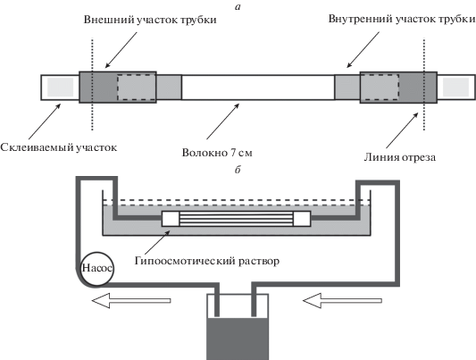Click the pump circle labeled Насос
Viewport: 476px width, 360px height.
pyautogui.click(x=97, y=268)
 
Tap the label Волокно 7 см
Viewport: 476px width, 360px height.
pyautogui.click(x=217, y=153)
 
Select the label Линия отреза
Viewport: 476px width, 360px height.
pyautogui.click(x=400, y=157)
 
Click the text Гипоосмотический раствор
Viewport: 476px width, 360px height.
pyautogui.click(x=207, y=261)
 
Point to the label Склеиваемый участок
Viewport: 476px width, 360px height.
pyautogui.click(x=58, y=147)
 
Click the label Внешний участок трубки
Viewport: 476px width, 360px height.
pyautogui.click(x=150, y=20)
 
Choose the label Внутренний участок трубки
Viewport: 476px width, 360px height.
pyautogui.click(x=402, y=19)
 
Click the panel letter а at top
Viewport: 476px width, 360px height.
pyautogui.click(x=238, y=6)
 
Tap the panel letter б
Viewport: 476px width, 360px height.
pyautogui.click(x=238, y=170)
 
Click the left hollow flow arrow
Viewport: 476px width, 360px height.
pyautogui.click(x=131, y=301)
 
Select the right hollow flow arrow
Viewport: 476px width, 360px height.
pyautogui.click(x=342, y=301)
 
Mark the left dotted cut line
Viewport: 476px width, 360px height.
pyautogui.click(x=92, y=84)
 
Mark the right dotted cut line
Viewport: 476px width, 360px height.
pyautogui.click(x=424, y=84)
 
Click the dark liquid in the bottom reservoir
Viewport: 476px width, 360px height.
pyautogui.click(x=238, y=339)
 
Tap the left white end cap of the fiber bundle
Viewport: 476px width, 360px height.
pyautogui.click(x=171, y=219)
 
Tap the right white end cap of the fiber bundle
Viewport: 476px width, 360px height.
pyautogui.click(x=302, y=219)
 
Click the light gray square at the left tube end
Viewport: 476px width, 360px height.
pyautogui.click(x=60, y=88)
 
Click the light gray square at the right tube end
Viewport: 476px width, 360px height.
pyautogui.click(x=456, y=88)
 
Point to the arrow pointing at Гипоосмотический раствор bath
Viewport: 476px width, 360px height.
pyautogui.click(x=157, y=242)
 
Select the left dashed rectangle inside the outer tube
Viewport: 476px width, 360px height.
pyautogui.click(x=136, y=88)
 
